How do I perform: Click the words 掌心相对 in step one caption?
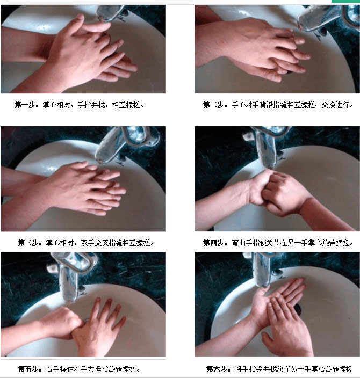[57, 105]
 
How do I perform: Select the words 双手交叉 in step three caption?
[95, 243]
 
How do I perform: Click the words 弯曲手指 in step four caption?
[246, 243]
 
